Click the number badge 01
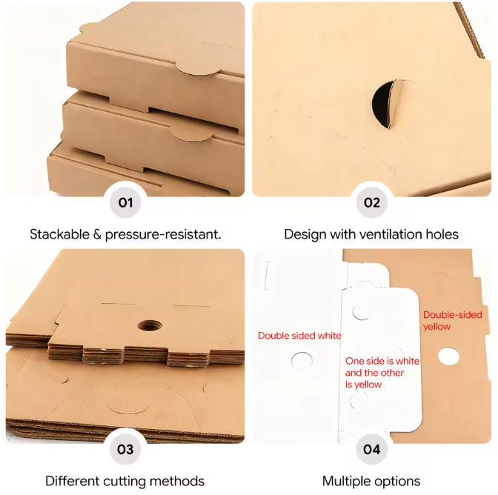(x=125, y=202)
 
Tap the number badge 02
(x=371, y=202)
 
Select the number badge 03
(x=125, y=449)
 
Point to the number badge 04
(x=371, y=449)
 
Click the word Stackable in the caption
(x=59, y=234)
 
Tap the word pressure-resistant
(x=163, y=235)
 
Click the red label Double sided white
(x=299, y=336)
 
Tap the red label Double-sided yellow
(x=452, y=321)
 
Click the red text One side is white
(x=382, y=361)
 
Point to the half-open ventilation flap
(x=387, y=104)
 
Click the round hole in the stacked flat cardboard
(x=150, y=325)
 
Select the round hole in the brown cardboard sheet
(x=448, y=356)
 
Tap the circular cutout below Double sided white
(x=302, y=361)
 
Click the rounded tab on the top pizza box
(x=196, y=68)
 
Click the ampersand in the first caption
(x=97, y=234)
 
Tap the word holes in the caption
(x=442, y=234)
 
